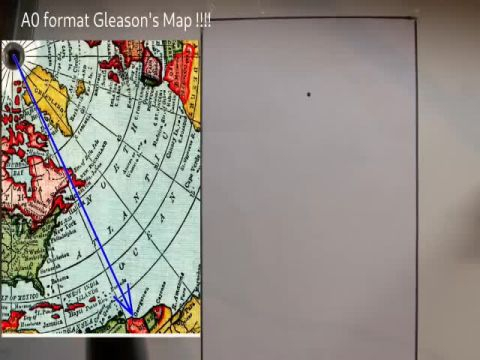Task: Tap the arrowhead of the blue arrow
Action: click(129, 311)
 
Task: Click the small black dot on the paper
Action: click(309, 95)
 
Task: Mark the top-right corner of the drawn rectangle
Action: click(415, 20)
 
